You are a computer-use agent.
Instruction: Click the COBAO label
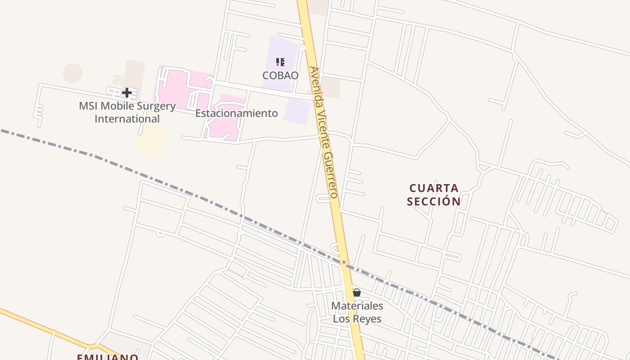[280, 75]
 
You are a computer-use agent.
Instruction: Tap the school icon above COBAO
[280, 62]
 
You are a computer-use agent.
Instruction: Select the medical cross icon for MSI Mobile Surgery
[127, 93]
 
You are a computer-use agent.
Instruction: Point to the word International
[127, 119]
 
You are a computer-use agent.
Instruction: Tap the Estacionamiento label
[236, 113]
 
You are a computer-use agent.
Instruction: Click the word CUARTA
[434, 188]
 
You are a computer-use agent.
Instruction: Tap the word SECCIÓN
[434, 201]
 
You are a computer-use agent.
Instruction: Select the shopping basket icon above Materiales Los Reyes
[357, 293]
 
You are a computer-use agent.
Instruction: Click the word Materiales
[357, 306]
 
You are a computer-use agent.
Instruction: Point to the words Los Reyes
[357, 319]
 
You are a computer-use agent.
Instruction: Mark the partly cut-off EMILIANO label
[108, 357]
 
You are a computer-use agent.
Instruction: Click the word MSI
[88, 107]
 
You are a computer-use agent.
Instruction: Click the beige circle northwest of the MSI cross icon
[73, 73]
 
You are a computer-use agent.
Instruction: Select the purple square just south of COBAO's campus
[297, 111]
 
